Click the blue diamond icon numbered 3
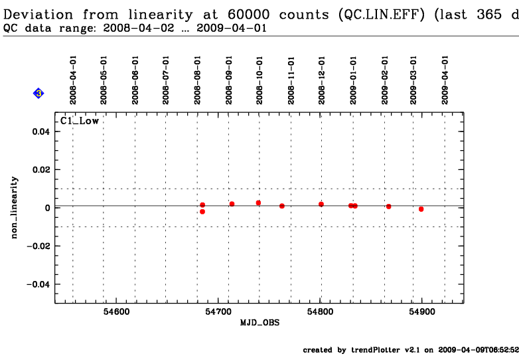[38, 94]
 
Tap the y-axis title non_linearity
[15, 208]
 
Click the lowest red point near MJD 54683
[202, 212]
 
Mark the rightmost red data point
[421, 209]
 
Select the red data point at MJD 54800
[321, 204]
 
